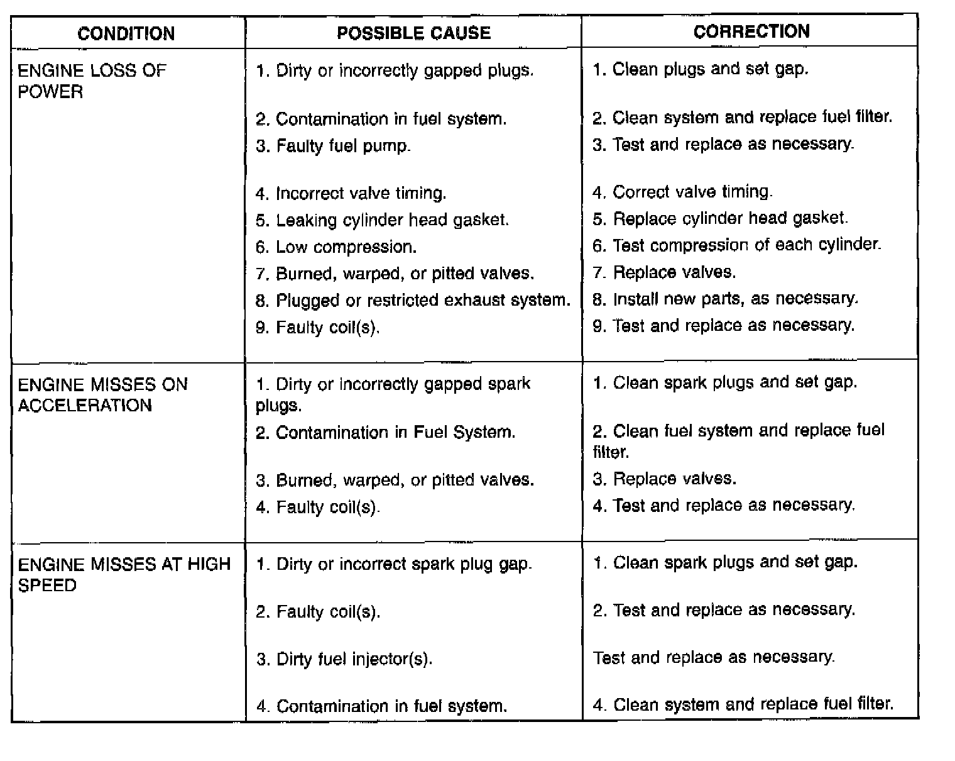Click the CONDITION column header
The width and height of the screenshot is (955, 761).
(126, 33)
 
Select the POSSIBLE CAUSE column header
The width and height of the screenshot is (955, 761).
(413, 33)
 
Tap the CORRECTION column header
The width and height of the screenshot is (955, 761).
(751, 31)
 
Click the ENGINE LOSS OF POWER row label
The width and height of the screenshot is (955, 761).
(92, 81)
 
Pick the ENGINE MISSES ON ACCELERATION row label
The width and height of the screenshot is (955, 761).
(102, 395)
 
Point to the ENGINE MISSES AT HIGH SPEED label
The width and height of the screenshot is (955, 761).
(124, 574)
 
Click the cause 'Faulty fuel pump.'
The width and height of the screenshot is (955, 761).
(333, 147)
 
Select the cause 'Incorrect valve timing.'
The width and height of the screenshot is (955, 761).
(351, 193)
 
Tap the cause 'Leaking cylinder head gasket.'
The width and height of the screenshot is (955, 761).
(382, 220)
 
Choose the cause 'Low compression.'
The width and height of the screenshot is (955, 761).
(336, 247)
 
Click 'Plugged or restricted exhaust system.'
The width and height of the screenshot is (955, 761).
(413, 301)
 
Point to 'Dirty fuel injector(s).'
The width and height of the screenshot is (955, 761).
(344, 659)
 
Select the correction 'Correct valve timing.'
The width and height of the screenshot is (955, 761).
(683, 192)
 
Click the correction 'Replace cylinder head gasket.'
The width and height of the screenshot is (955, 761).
(720, 219)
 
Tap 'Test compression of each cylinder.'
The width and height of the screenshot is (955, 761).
(737, 245)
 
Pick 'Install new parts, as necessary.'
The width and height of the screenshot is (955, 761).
(725, 299)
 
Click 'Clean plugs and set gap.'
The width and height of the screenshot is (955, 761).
(701, 69)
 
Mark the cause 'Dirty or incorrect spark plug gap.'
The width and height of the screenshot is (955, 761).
(394, 564)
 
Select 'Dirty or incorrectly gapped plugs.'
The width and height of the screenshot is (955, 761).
(395, 70)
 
